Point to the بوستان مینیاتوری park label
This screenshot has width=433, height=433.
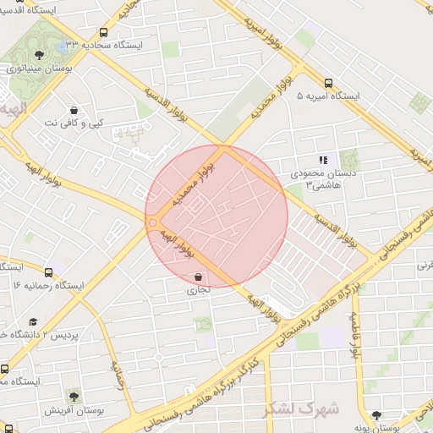(38, 69)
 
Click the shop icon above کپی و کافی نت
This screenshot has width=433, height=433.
(74, 111)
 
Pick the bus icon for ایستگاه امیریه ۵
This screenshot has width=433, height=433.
(328, 84)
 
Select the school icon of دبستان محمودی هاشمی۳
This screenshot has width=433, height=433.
(322, 159)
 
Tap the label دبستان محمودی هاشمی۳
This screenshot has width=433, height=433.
(322, 178)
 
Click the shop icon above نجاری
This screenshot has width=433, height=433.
(198, 277)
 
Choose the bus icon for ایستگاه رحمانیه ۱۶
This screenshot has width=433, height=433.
(48, 273)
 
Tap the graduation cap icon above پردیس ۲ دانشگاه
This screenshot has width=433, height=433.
(33, 322)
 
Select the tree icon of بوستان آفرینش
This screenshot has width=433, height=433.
(74, 395)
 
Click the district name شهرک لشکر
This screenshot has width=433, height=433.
(302, 408)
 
